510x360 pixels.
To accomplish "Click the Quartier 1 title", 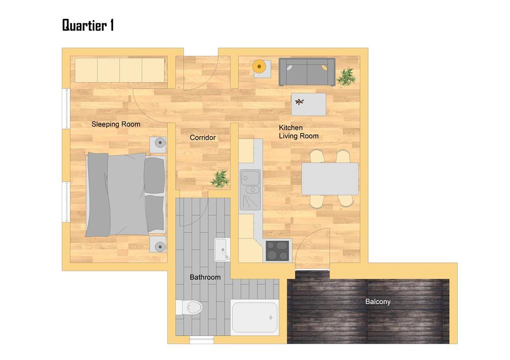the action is tap(88, 25).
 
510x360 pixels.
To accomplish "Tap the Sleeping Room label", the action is tap(116, 124).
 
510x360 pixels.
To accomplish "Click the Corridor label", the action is tap(203, 137).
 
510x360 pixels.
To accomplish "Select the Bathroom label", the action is tap(205, 277).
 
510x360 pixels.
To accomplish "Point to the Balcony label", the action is tap(378, 301).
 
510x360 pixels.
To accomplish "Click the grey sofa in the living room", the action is tap(307, 72).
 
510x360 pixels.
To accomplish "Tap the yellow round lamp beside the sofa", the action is tap(259, 67).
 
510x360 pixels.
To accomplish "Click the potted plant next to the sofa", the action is tap(347, 77).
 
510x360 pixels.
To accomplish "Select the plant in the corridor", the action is tap(220, 179).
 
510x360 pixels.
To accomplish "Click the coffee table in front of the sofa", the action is tap(309, 105).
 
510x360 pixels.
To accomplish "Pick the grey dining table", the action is tap(330, 179).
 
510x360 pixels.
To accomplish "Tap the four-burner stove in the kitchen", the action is tap(277, 251).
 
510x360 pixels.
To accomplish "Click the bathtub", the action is tap(255, 317).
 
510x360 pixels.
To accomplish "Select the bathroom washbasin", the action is tap(222, 249).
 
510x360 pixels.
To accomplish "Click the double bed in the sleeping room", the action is tap(126, 195).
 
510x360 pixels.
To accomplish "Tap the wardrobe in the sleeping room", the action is tap(120, 70).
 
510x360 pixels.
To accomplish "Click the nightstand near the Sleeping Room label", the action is tap(158, 145).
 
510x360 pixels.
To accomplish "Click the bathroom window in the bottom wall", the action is tap(202, 340).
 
